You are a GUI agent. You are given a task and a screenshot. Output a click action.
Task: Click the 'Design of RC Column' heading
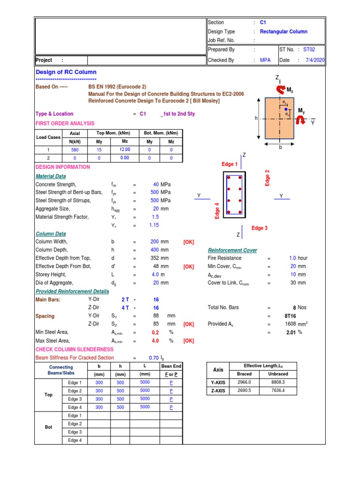(66, 72)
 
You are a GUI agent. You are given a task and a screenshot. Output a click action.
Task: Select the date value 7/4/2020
(315, 60)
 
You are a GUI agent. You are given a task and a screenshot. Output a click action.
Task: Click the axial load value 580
(75, 150)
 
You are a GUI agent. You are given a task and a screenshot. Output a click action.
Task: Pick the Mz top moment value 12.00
(125, 150)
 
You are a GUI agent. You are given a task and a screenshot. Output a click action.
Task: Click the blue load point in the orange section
(286, 109)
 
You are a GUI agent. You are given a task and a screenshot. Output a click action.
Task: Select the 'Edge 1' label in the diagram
(230, 165)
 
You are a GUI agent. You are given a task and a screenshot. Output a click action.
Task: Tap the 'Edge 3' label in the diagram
(260, 228)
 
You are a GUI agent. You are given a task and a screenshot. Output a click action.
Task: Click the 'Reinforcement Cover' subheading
(232, 250)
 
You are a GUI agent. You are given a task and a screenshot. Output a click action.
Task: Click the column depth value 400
(155, 250)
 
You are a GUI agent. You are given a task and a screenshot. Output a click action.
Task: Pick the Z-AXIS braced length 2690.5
(244, 390)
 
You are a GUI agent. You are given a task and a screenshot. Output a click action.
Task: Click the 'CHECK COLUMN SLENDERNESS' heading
(75, 350)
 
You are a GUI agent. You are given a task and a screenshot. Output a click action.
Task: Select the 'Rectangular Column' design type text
(284, 32)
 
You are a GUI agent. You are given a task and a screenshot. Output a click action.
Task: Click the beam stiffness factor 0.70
(154, 358)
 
